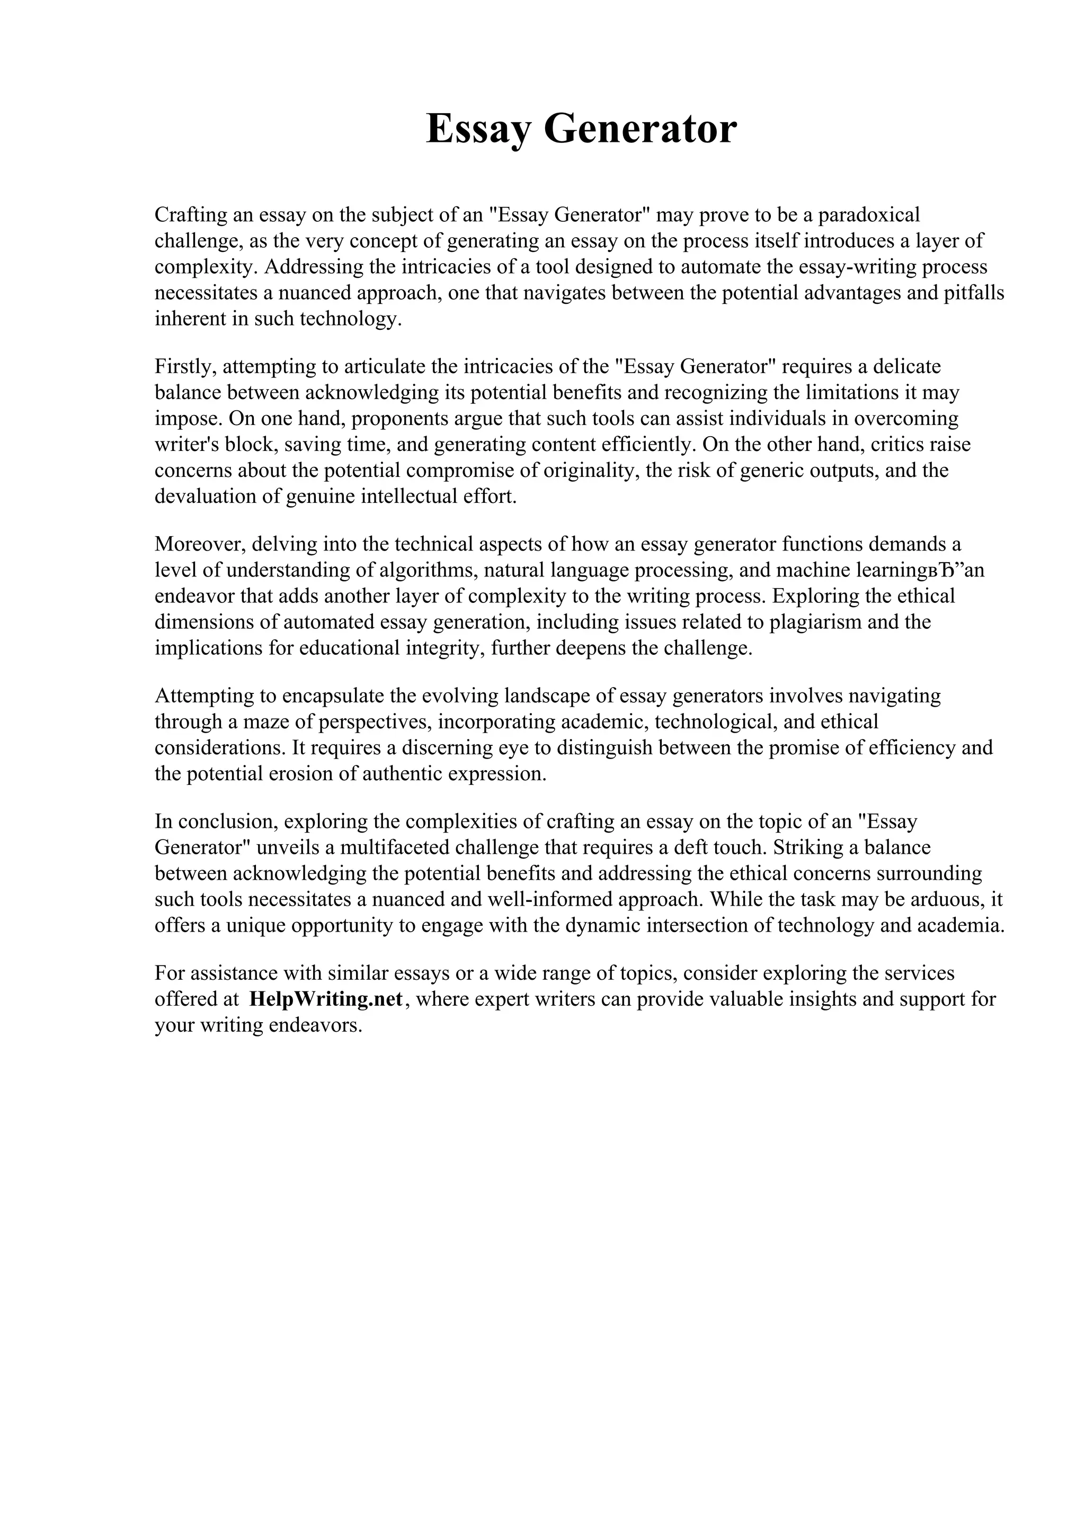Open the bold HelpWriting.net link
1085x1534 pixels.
[326, 999]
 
